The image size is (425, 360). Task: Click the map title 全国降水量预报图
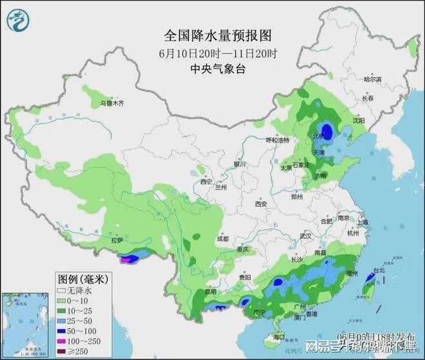pyautogui.click(x=212, y=35)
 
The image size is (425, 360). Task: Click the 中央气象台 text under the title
pyautogui.click(x=212, y=68)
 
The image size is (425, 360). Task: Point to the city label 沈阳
pyautogui.click(x=358, y=120)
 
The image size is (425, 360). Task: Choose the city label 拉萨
pyautogui.click(x=116, y=240)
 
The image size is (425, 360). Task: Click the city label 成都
pyautogui.click(x=222, y=238)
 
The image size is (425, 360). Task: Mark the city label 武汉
pyautogui.click(x=305, y=236)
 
